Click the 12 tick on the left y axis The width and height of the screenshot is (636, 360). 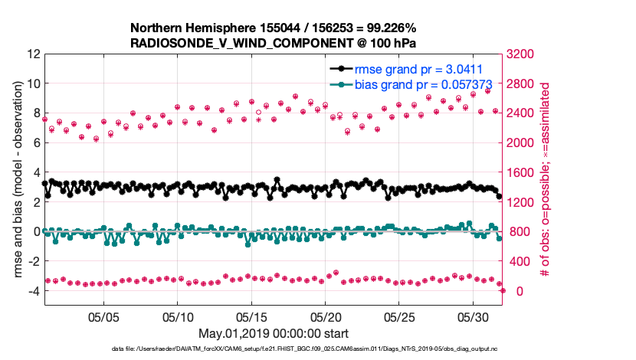point(33,54)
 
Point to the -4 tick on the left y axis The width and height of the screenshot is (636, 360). point(33,291)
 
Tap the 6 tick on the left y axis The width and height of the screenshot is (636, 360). point(35,143)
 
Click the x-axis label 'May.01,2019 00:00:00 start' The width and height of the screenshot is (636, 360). point(274,333)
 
